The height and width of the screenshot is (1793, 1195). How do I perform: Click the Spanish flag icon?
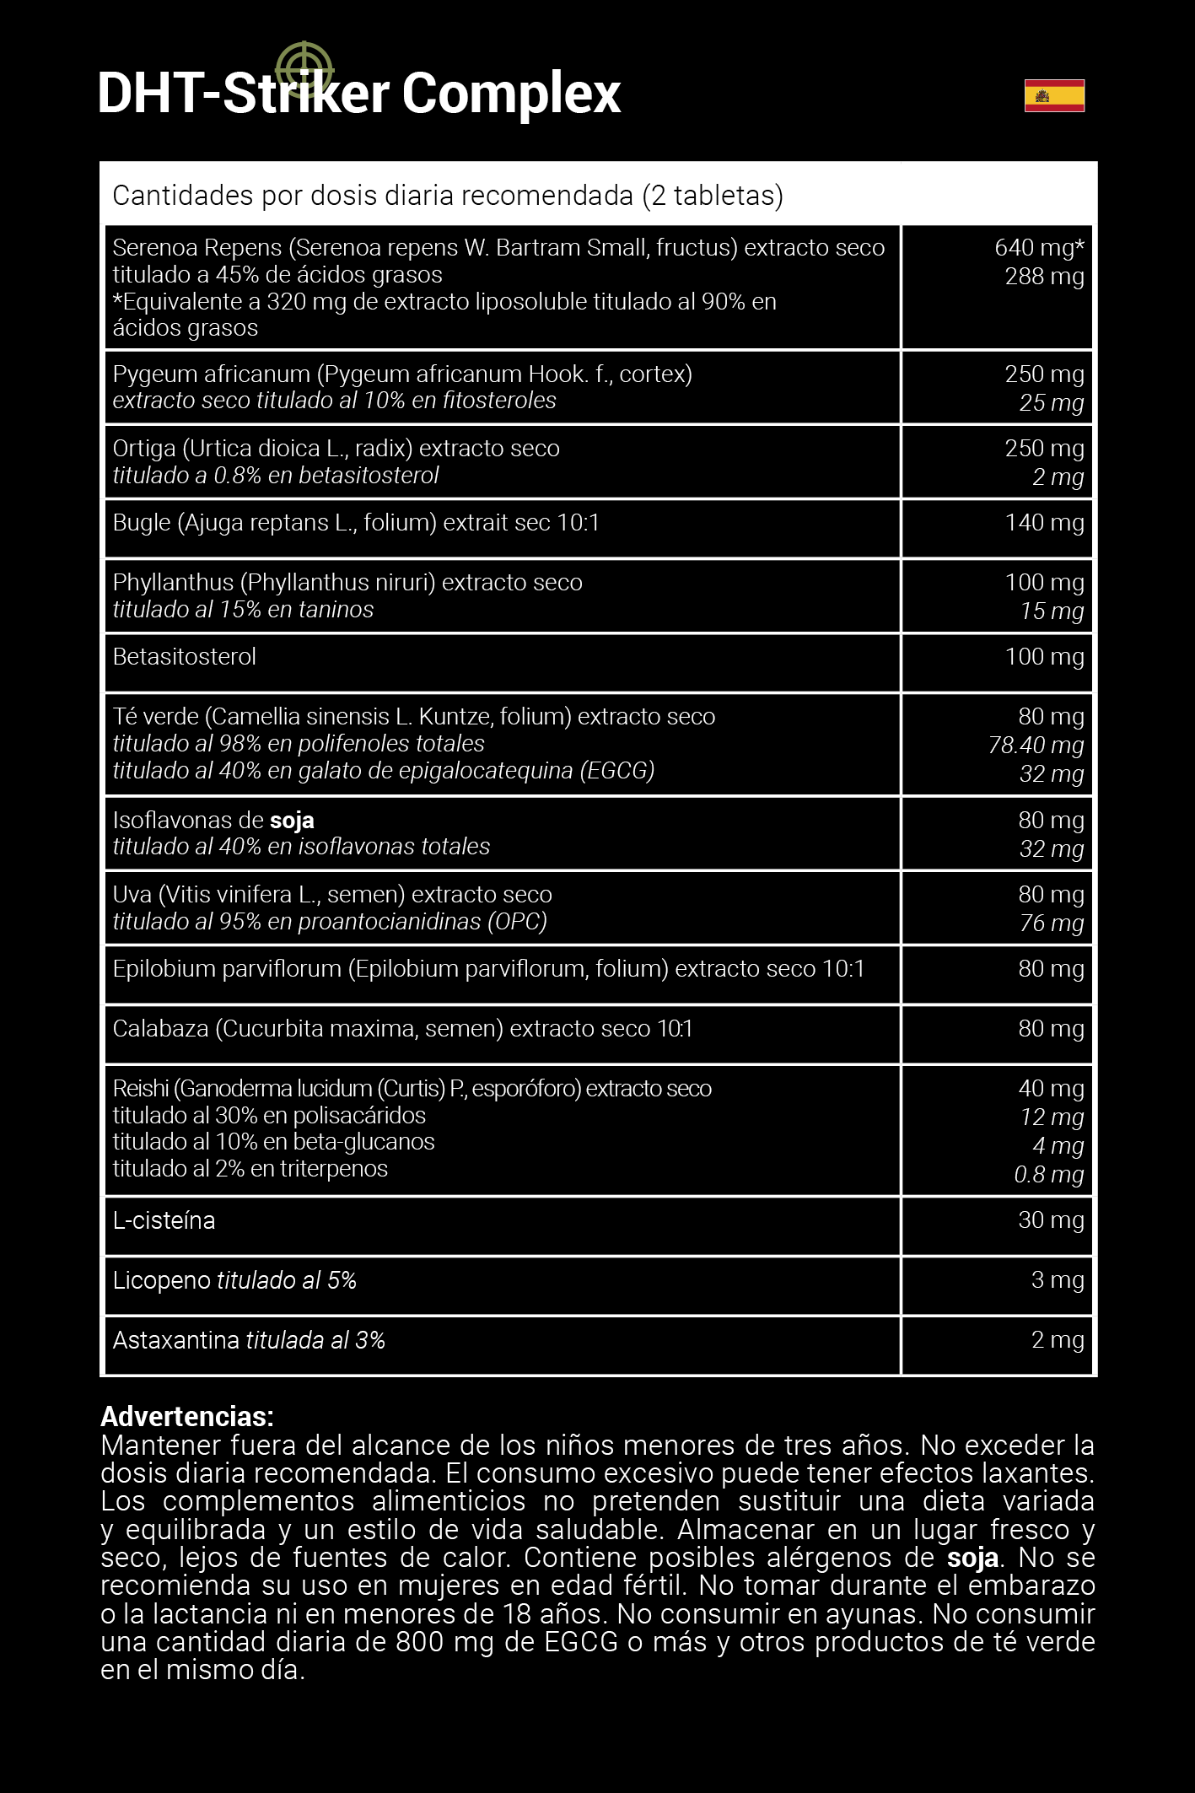pos(1054,95)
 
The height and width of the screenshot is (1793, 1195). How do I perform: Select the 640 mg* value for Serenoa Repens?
pos(1038,248)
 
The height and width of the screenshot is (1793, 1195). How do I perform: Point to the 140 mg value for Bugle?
pos(1044,523)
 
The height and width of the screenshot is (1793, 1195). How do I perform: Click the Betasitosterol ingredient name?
pos(184,657)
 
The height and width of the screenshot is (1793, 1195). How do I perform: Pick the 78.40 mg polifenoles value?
pos(1036,746)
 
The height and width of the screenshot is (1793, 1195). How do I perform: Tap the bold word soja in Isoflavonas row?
pos(292,821)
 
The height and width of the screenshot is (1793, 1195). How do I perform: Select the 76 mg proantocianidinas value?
pos(1051,923)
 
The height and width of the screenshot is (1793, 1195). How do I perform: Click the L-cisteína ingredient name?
pos(164,1220)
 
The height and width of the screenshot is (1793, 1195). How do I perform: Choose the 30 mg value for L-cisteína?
pos(1051,1220)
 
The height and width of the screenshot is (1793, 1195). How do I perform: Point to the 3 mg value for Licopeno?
pos(1058,1280)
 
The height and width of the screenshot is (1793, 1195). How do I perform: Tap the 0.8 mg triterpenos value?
pos(1048,1175)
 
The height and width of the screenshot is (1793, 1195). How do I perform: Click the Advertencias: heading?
pos(187,1416)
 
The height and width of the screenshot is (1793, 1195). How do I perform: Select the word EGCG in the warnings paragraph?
pos(581,1642)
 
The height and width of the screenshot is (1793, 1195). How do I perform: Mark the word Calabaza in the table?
pos(160,1029)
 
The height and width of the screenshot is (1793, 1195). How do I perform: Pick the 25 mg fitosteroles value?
pos(1051,403)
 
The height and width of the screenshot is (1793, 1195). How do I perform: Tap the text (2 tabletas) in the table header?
pos(713,196)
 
